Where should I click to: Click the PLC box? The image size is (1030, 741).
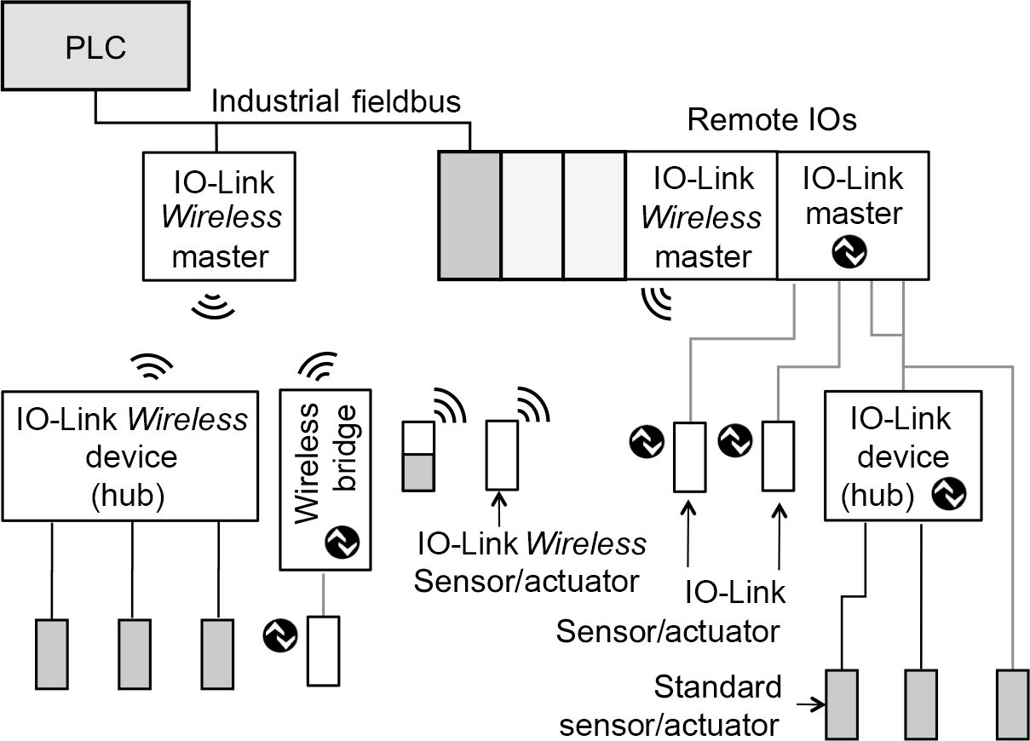(95, 47)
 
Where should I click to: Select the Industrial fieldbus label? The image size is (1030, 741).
(336, 102)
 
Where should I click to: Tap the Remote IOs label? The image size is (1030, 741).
(771, 120)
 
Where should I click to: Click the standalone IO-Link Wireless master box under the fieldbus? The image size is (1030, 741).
(221, 216)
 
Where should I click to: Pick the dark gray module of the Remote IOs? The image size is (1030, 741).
(469, 215)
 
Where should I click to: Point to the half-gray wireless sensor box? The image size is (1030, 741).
(417, 457)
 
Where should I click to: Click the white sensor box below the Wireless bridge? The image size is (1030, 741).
(324, 650)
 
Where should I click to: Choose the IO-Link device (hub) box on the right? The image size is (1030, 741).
(903, 455)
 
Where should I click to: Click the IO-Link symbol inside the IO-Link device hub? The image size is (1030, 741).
(947, 493)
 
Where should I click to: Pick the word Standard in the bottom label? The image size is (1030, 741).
(717, 686)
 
